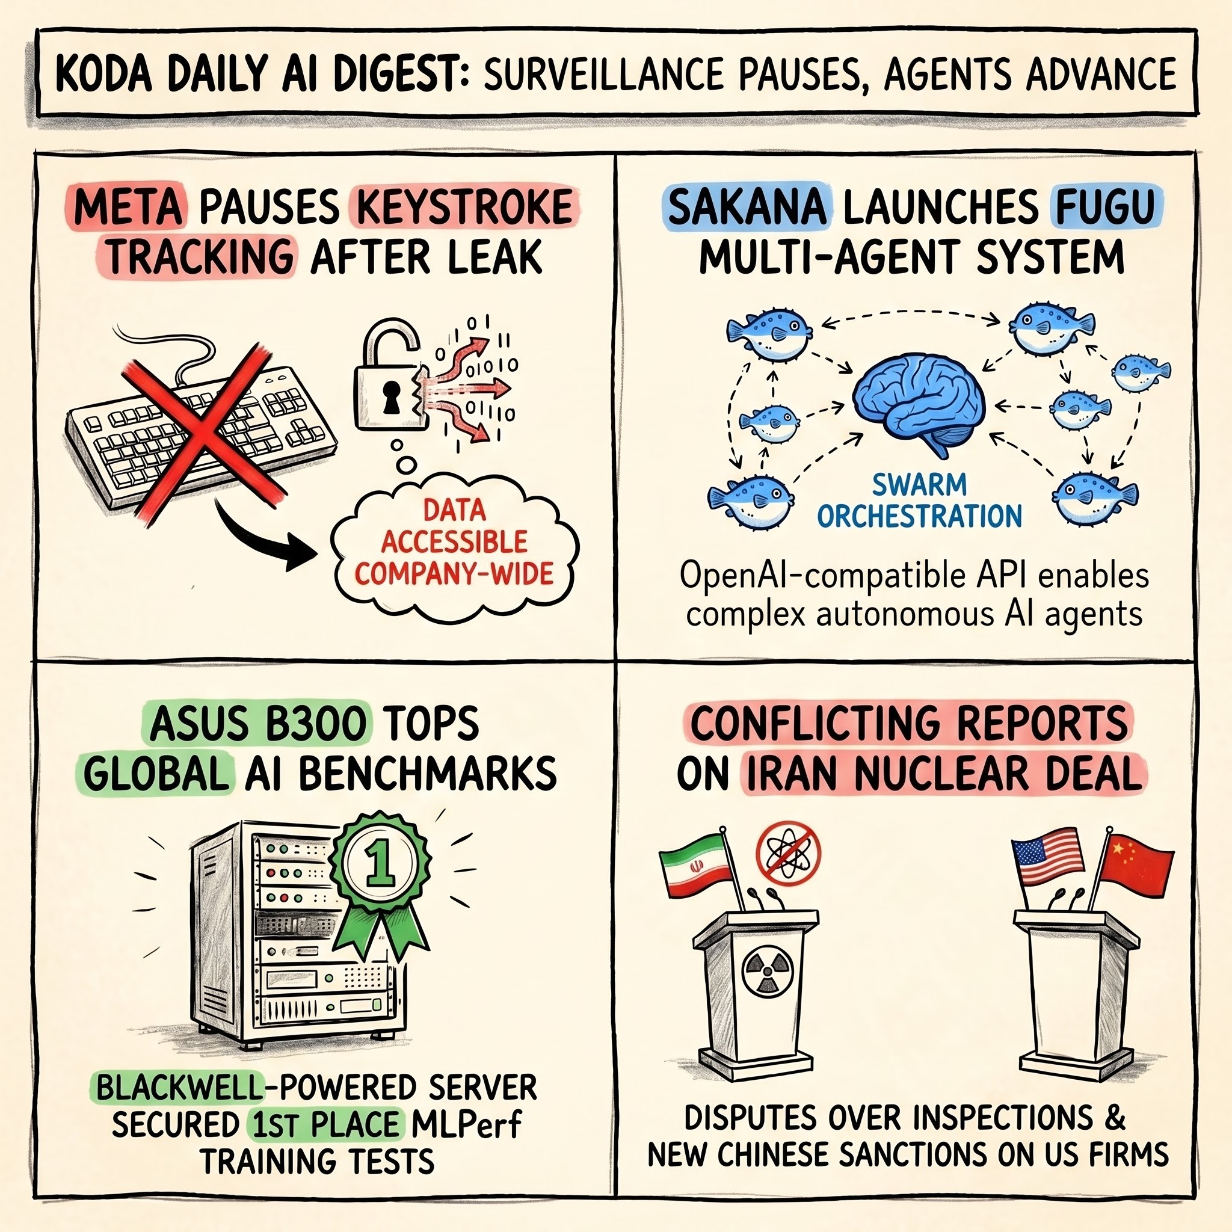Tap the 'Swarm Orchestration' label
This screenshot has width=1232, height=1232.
[920, 501]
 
